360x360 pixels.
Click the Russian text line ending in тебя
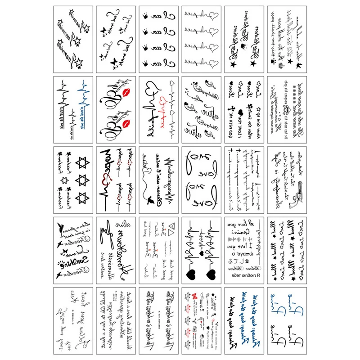247,273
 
